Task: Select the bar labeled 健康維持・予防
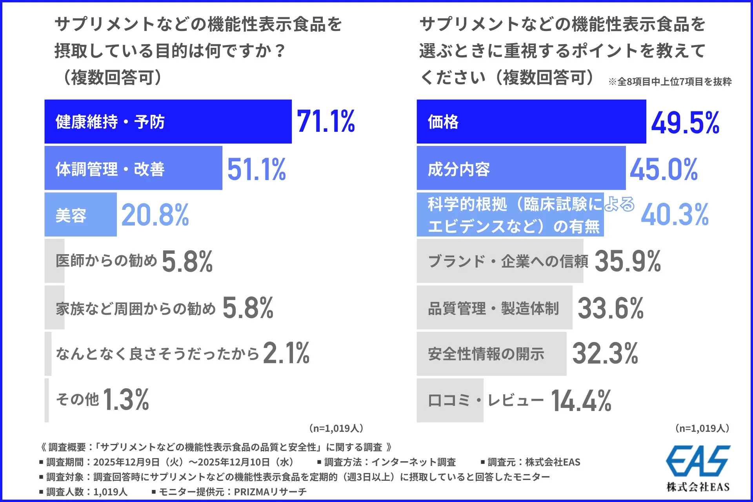(x=168, y=122)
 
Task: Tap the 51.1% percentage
(x=256, y=169)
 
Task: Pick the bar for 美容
(x=80, y=215)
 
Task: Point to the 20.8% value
(x=155, y=215)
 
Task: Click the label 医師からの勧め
(x=106, y=260)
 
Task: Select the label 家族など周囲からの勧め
(x=136, y=309)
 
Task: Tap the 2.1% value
(x=286, y=353)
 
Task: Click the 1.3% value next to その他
(x=126, y=400)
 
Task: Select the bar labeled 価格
(x=531, y=122)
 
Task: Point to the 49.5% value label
(x=685, y=122)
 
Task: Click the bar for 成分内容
(x=521, y=168)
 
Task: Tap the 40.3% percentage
(x=675, y=215)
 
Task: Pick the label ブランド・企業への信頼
(x=508, y=261)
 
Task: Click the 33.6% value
(x=610, y=308)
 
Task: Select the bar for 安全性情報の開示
(x=491, y=354)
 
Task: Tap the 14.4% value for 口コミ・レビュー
(x=581, y=400)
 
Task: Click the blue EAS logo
(x=698, y=460)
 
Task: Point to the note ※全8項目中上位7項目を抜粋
(x=670, y=82)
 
